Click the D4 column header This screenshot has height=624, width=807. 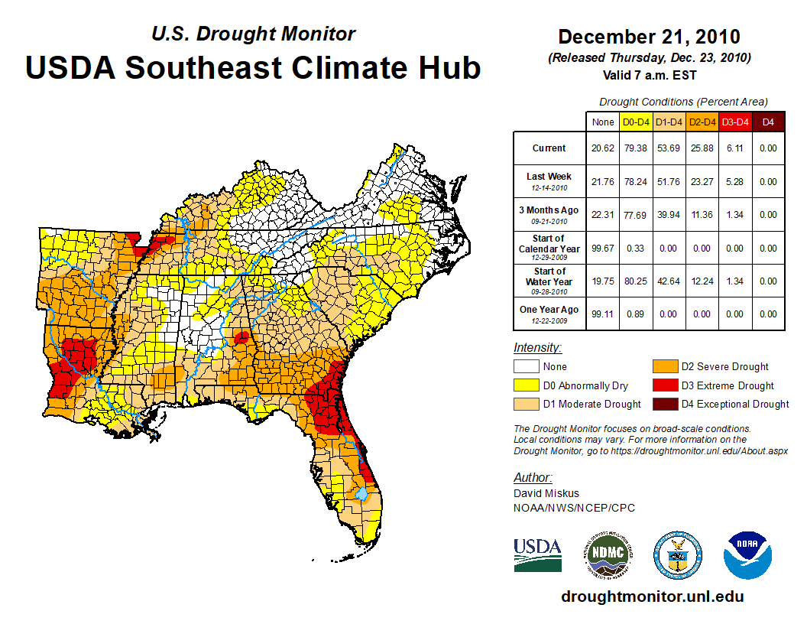768,122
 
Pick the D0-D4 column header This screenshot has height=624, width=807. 636,122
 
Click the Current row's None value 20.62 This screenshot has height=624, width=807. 603,148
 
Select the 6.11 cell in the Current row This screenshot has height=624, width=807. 735,148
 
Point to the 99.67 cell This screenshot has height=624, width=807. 603,248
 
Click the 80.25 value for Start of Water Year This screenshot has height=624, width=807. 636,281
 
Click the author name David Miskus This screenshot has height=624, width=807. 546,494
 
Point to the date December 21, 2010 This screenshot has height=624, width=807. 649,37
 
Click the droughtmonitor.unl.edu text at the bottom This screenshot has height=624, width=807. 652,596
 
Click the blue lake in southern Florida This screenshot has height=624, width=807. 361,494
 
